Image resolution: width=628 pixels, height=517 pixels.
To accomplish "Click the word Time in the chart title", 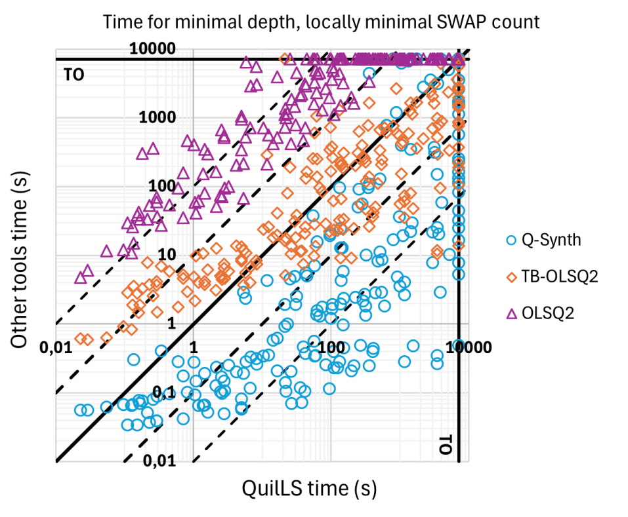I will pyautogui.click(x=121, y=22).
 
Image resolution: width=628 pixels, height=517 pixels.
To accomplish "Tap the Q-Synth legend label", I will pyautogui.click(x=551, y=240).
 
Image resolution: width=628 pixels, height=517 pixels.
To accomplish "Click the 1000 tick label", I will pyautogui.click(x=157, y=117).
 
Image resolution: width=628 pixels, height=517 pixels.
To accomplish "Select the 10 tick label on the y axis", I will pyautogui.click(x=166, y=255).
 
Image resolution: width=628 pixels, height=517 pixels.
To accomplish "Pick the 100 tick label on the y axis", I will pyautogui.click(x=161, y=186).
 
